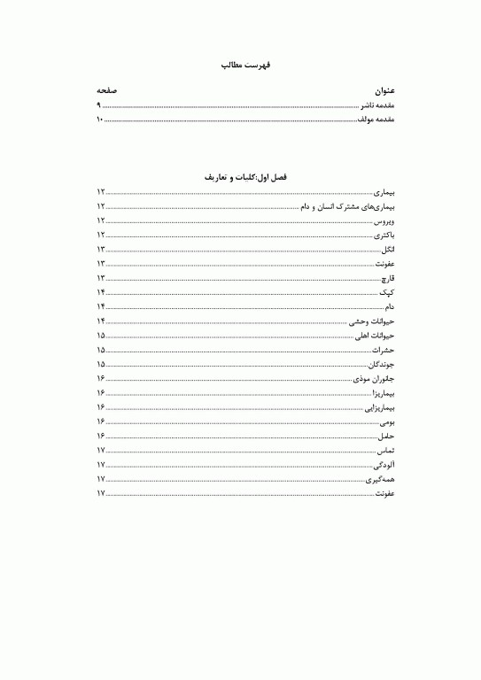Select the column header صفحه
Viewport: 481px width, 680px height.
click(107, 90)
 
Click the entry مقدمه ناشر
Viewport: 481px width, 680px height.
click(377, 104)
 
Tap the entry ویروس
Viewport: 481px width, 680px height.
click(384, 220)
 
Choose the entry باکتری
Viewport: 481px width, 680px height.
click(384, 235)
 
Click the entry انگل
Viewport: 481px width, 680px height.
click(386, 249)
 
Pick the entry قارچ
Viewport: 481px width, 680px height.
click(387, 277)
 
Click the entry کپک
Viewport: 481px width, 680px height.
click(387, 291)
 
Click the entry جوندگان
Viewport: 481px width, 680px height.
click(382, 364)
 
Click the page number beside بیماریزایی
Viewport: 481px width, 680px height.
click(102, 406)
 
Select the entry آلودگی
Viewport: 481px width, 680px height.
click(384, 464)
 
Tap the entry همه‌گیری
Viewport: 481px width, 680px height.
click(381, 478)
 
